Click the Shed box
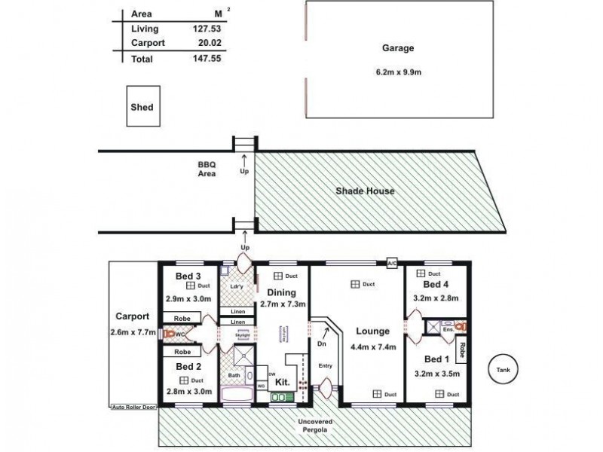[x=142, y=107]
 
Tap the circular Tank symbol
[x=504, y=370]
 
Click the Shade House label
[x=365, y=191]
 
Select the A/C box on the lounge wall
[x=391, y=264]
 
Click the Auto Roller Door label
[x=133, y=406]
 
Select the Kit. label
[x=282, y=382]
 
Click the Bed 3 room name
[x=188, y=276]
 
